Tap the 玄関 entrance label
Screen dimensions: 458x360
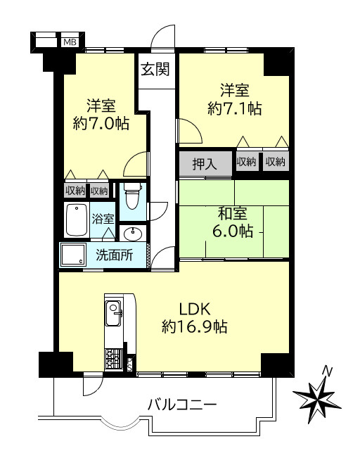pyautogui.click(x=154, y=69)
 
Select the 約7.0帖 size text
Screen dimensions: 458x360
pyautogui.click(x=101, y=124)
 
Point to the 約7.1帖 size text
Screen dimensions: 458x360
pyautogui.click(x=235, y=108)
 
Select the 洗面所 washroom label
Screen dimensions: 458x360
pyautogui.click(x=114, y=255)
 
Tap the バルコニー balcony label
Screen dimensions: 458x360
pyautogui.click(x=182, y=405)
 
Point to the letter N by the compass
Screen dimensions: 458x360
pyautogui.click(x=326, y=371)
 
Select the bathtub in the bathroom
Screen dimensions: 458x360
pyautogui.click(x=75, y=219)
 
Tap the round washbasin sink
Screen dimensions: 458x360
pyautogui.click(x=131, y=234)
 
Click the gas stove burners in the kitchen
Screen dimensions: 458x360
pyautogui.click(x=112, y=358)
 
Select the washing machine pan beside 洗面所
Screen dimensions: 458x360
pyautogui.click(x=72, y=255)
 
